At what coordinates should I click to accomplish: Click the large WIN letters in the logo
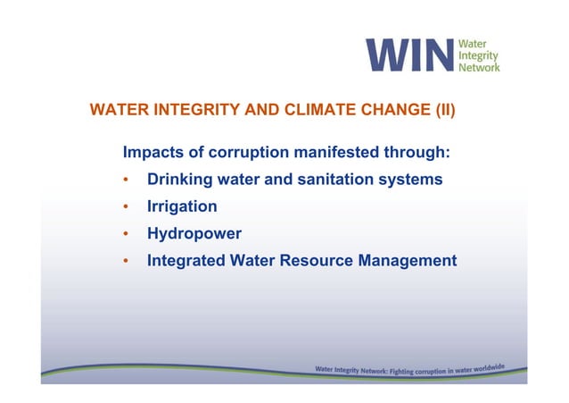(411, 55)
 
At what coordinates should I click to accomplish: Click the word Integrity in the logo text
(478, 55)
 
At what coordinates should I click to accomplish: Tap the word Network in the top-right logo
(479, 66)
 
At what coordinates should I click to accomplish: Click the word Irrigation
(182, 206)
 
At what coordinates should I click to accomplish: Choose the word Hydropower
(194, 233)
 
